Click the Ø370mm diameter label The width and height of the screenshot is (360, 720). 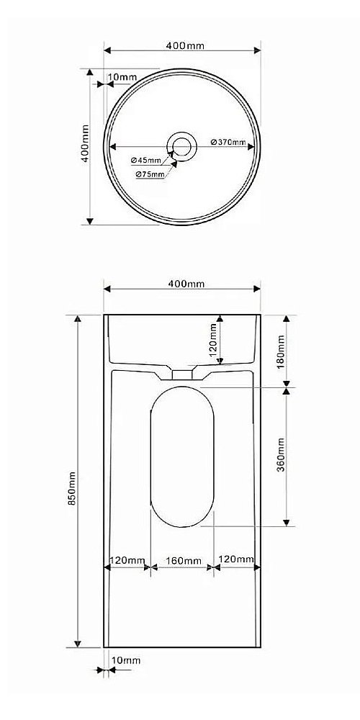pyautogui.click(x=228, y=142)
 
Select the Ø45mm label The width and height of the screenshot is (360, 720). pyautogui.click(x=145, y=161)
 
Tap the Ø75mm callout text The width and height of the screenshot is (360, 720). pyautogui.click(x=150, y=174)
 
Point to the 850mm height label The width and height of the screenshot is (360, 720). pyautogui.click(x=71, y=489)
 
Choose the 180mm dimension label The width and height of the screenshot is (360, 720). pyautogui.click(x=281, y=352)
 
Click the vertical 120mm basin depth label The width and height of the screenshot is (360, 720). pyautogui.click(x=213, y=341)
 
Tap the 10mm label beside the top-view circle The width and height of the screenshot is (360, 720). pyautogui.click(x=122, y=77)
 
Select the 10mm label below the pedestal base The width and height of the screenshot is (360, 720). pyautogui.click(x=126, y=660)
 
